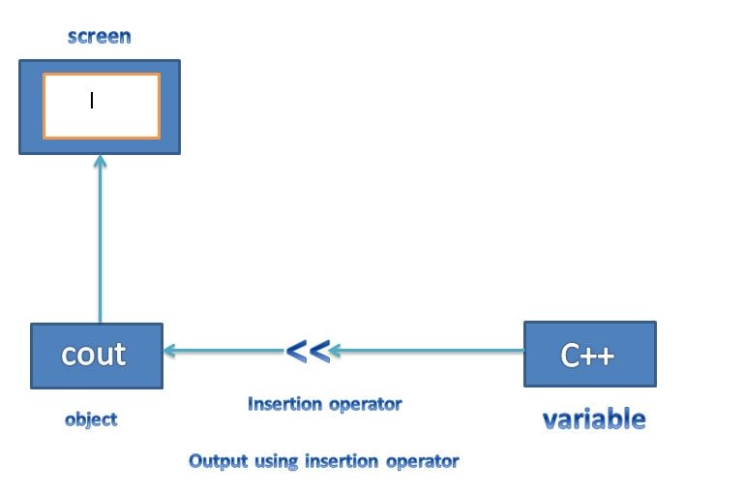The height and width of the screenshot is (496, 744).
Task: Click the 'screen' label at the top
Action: (99, 37)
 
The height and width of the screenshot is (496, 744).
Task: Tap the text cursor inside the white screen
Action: (92, 100)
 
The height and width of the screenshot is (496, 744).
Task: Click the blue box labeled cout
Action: (96, 356)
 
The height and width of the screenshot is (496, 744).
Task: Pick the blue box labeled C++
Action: (589, 355)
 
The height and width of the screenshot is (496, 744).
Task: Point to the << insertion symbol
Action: (309, 351)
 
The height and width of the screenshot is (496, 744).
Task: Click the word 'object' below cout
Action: (91, 419)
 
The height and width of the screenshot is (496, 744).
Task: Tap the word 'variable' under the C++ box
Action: (593, 418)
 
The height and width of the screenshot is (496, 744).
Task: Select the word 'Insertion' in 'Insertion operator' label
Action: (283, 404)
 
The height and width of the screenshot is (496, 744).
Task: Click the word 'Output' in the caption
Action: (219, 461)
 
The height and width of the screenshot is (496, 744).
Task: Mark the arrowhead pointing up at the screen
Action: (100, 161)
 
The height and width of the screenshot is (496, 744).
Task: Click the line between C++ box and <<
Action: (431, 351)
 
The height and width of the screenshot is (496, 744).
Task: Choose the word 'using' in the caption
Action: (277, 461)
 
